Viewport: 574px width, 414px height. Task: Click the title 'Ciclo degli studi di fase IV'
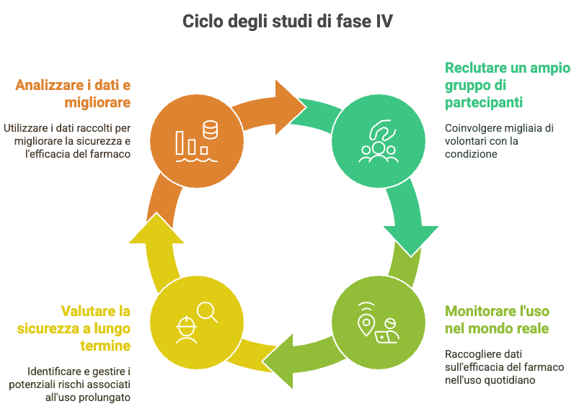(287, 21)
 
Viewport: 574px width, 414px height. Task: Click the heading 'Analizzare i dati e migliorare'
(73, 94)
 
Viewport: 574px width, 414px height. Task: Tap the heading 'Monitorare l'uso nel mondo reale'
(497, 320)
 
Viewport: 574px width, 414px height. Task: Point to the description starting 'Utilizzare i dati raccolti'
(66, 141)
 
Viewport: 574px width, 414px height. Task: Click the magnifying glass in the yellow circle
(208, 310)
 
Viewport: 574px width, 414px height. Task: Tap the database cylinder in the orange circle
(211, 130)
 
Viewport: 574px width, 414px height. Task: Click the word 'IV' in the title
(384, 21)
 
